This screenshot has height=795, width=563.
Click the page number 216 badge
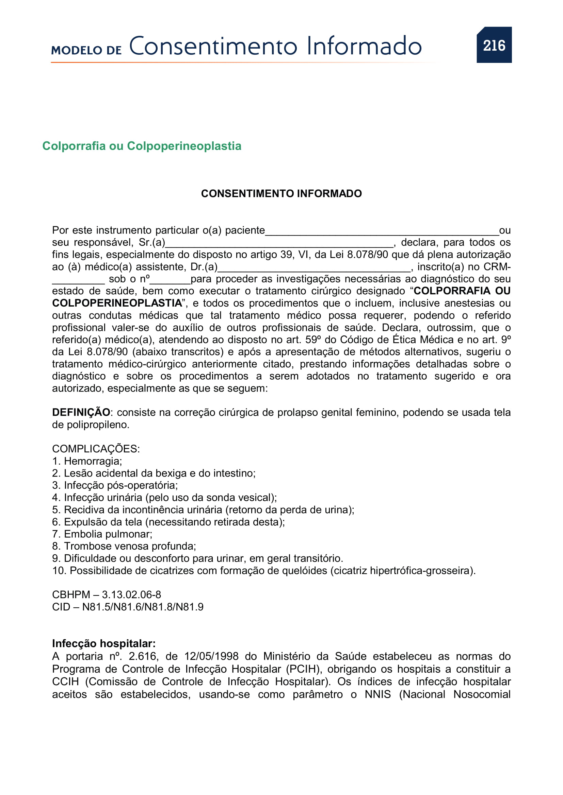click(494, 45)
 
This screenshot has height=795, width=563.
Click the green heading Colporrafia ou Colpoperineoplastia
click(142, 146)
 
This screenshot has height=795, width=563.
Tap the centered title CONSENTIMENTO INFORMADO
click(281, 193)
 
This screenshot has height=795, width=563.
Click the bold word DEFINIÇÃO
click(81, 412)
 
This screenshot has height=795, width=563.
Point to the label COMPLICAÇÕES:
click(96, 449)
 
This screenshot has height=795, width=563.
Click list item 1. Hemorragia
click(87, 461)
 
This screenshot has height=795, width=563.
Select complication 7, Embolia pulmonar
click(102, 534)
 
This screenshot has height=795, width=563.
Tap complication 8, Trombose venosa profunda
click(124, 546)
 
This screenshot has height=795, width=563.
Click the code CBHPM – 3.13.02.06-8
click(107, 594)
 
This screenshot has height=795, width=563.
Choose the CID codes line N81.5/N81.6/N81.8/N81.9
click(128, 607)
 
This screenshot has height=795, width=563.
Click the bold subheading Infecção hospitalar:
click(104, 643)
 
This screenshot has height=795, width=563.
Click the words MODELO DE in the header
click(86, 51)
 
